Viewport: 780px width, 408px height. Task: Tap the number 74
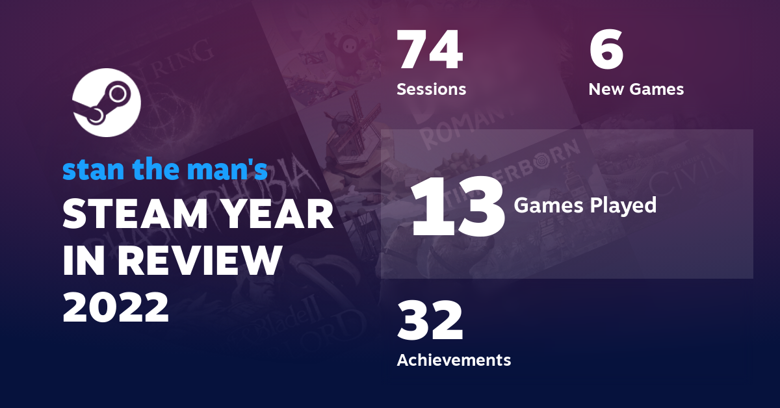click(430, 51)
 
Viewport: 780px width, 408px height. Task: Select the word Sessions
click(431, 89)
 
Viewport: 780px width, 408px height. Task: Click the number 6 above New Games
click(606, 51)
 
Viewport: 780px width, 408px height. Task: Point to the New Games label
click(636, 89)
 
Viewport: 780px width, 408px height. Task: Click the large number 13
click(458, 206)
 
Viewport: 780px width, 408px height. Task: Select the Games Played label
click(585, 205)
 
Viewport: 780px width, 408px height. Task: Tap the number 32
click(430, 321)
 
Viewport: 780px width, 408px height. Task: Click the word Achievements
click(454, 359)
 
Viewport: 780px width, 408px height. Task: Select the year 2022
click(116, 305)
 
